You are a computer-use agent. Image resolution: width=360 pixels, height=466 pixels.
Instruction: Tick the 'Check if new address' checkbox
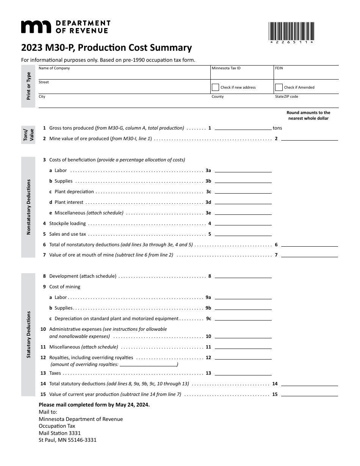(x=215, y=88)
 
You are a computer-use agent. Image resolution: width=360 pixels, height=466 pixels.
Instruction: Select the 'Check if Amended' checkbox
(x=279, y=88)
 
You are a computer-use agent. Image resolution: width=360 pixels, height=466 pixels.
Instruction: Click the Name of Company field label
(x=54, y=69)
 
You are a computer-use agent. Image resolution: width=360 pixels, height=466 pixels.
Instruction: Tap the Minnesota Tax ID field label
(x=226, y=69)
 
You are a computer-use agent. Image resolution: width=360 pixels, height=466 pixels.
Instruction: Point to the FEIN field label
(x=279, y=69)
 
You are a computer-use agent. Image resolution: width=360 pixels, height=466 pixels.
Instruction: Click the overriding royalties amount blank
(x=149, y=364)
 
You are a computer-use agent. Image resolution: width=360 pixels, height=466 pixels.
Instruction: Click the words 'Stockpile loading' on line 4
(x=67, y=224)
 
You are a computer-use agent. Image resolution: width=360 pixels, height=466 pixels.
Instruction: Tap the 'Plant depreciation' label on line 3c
(x=74, y=192)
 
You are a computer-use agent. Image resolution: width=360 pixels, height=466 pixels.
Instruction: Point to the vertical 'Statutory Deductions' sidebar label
(x=28, y=335)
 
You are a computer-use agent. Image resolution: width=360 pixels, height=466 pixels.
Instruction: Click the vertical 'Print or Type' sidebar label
(x=28, y=86)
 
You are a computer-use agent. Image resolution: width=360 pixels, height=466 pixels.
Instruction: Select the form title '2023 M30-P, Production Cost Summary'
(x=106, y=48)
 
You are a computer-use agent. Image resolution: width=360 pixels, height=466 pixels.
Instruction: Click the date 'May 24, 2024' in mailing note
(x=133, y=405)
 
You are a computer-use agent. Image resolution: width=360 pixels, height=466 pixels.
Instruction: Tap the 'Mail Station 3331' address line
(x=59, y=433)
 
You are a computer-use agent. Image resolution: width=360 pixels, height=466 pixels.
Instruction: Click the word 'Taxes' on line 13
(x=55, y=373)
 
